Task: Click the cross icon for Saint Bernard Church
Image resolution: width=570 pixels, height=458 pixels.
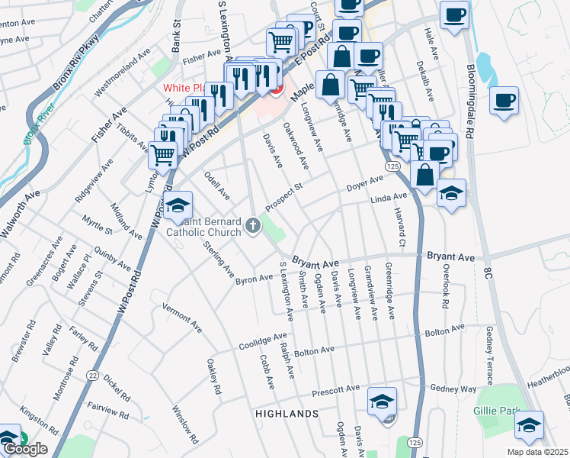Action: (253, 226)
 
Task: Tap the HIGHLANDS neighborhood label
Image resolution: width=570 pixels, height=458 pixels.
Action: (287, 414)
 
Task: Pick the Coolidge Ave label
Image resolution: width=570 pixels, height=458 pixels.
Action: (264, 340)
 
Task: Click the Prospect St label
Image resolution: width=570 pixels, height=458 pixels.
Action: (284, 197)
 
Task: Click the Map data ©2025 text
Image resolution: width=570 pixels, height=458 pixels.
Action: (538, 451)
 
